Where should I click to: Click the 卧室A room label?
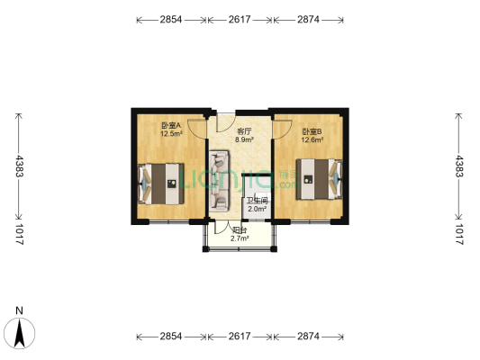170,126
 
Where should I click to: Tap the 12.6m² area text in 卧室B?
312,139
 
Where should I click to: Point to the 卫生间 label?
258,201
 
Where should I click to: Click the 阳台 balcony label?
239,231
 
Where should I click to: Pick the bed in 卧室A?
162,183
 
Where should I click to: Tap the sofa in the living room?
221,181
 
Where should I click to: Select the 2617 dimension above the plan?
239,18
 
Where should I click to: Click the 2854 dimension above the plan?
170,18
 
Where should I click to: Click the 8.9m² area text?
244,139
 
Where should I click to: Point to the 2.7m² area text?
239,239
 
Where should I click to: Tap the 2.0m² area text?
258,209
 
